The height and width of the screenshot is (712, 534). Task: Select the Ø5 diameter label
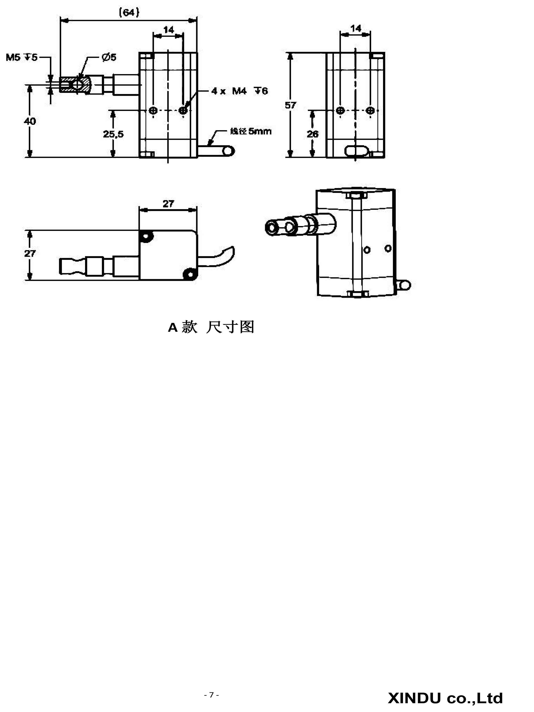coord(109,57)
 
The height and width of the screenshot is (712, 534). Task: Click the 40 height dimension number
coord(30,121)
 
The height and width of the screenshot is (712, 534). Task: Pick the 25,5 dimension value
coord(113,134)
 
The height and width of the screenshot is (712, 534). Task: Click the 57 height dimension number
coord(290,105)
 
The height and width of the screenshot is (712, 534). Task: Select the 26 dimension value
coord(312,134)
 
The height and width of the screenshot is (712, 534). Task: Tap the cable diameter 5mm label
coord(251,131)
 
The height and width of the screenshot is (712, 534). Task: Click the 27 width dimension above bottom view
coord(168,204)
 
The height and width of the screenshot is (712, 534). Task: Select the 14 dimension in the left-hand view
coord(169,30)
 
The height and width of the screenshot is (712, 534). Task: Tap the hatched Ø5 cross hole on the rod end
coord(78,85)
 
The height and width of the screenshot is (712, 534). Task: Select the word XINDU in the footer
coord(414,698)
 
